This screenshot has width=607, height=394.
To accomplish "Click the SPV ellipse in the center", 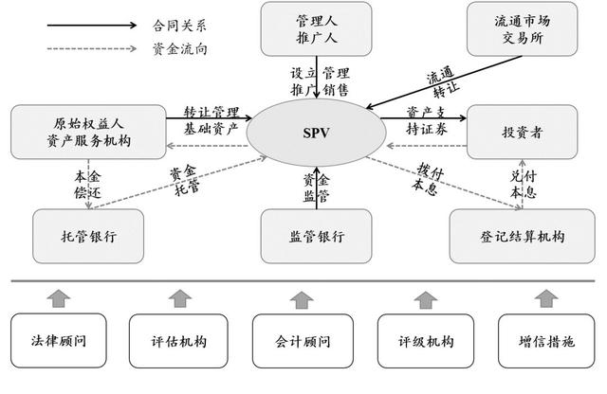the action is tap(316, 133).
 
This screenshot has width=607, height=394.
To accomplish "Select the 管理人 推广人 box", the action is tap(316, 29).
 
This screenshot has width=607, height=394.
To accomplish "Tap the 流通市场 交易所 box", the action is tap(522, 29).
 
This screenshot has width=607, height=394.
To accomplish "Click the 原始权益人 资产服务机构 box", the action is tap(88, 132).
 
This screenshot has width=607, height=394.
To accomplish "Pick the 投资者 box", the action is tap(522, 132).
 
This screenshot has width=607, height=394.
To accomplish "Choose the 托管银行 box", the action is tap(88, 236).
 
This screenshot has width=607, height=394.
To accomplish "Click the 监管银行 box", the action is tap(316, 236).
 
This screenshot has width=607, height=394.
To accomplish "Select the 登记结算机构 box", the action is tap(522, 236).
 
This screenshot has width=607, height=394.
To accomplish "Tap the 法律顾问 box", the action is tap(59, 341).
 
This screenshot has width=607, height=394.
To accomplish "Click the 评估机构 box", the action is tap(178, 341).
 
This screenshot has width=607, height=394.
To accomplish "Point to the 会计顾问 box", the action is tap(303, 341).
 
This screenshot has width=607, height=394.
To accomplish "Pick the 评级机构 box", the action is tap(426, 341).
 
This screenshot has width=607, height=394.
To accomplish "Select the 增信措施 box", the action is tap(546, 341).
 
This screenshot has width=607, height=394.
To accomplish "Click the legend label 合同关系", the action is tap(179, 26).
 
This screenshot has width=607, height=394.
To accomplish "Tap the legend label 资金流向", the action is tap(179, 49).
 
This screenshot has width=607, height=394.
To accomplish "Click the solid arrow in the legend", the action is tap(92, 26).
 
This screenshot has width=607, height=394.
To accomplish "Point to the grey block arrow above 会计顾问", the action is tap(302, 299).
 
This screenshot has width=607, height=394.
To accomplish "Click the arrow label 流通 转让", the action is tap(443, 82).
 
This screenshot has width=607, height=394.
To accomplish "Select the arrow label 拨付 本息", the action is tap(428, 179).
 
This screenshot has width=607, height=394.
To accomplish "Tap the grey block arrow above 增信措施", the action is tap(546, 298).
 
